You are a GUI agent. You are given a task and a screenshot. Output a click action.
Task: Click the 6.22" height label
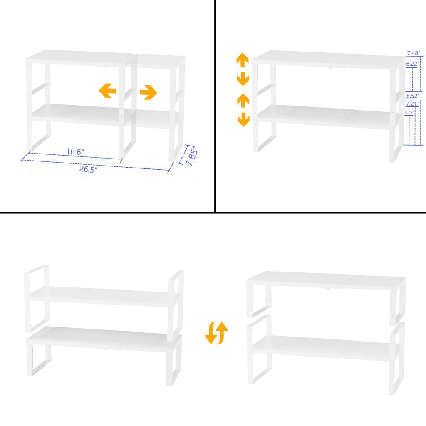(413, 64)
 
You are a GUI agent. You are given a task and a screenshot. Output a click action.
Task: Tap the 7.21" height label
(413, 103)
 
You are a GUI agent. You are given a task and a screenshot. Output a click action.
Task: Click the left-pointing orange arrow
(107, 90)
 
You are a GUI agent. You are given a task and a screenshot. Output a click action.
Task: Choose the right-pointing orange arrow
(148, 92)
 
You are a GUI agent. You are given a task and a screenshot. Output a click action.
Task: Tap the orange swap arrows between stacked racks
(216, 333)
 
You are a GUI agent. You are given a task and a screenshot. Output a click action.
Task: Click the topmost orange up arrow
(243, 59)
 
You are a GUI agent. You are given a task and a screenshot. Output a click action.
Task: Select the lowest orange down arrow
(243, 121)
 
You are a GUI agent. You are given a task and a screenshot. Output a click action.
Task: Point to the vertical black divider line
(215, 104)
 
